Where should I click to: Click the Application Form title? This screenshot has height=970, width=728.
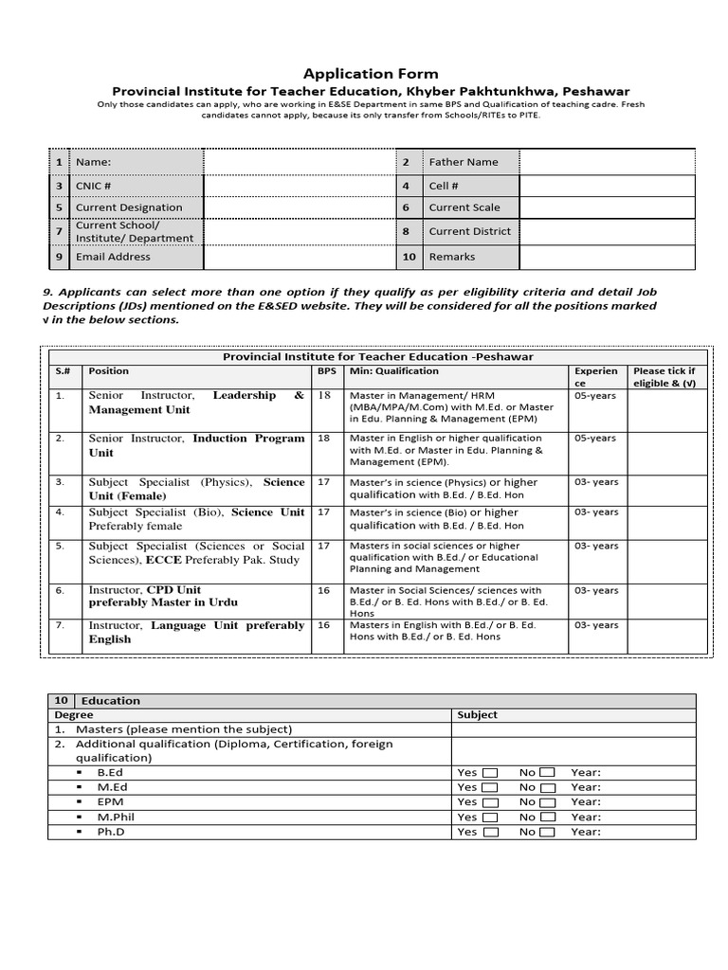(x=371, y=74)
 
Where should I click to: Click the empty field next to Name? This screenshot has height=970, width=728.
(x=300, y=162)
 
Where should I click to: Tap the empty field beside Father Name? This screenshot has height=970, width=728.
(x=607, y=162)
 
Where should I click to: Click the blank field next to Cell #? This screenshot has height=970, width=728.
(x=607, y=186)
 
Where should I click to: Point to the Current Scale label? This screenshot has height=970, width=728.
(x=464, y=207)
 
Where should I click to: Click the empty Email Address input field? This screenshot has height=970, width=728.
(x=300, y=257)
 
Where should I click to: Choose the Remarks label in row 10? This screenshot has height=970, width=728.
(x=451, y=257)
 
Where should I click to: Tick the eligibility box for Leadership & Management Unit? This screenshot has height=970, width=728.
(x=666, y=409)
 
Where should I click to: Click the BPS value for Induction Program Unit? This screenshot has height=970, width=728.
(x=324, y=439)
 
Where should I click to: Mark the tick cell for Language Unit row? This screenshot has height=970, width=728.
(x=666, y=636)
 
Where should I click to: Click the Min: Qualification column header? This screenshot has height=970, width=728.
(x=394, y=371)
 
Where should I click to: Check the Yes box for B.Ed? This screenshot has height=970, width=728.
(x=489, y=773)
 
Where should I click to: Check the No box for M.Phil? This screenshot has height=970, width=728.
(x=547, y=817)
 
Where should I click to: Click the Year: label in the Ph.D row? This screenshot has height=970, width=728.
(x=586, y=832)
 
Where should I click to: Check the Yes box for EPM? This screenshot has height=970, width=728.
(x=489, y=802)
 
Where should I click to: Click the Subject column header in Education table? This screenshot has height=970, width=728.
(x=477, y=715)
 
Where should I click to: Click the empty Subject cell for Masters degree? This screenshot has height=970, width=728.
(x=573, y=729)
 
